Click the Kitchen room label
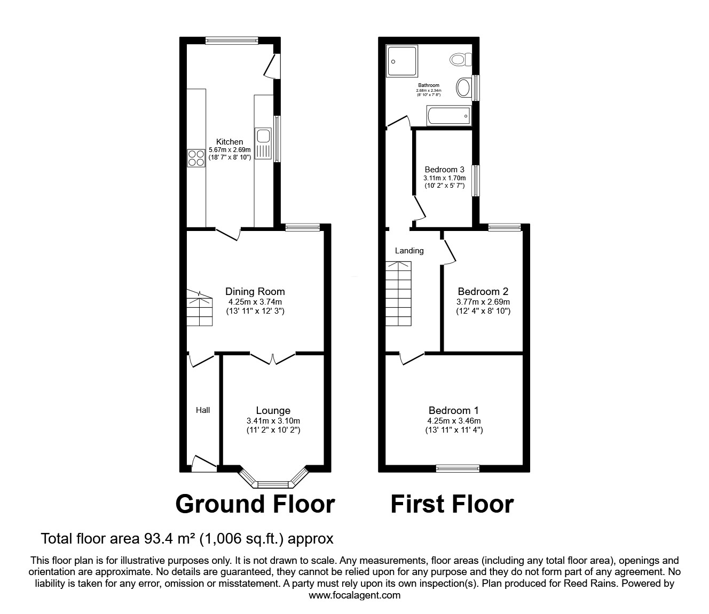click(x=230, y=142)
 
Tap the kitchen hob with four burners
click(x=196, y=158)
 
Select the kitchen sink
click(x=263, y=143)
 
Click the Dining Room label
click(x=255, y=292)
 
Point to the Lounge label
click(x=273, y=411)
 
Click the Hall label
click(x=203, y=410)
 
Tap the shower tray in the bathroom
click(x=403, y=61)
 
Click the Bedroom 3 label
click(x=444, y=170)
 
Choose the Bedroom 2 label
click(x=483, y=292)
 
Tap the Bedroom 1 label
click(x=454, y=411)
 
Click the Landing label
click(x=409, y=251)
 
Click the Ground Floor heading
click(x=255, y=504)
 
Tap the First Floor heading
click(x=452, y=504)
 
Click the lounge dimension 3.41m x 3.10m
click(x=273, y=420)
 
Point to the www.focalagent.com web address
click(x=354, y=595)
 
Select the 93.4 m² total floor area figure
click(x=168, y=539)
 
